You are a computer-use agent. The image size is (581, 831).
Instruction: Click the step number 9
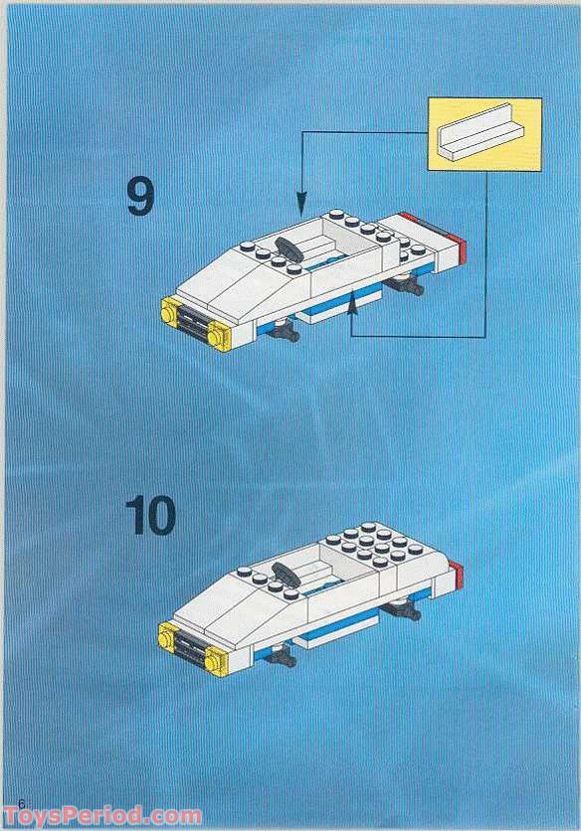pyautogui.click(x=140, y=197)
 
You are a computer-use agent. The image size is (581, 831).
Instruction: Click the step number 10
pyautogui.click(x=150, y=515)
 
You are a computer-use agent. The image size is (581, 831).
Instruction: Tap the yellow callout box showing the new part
pyautogui.click(x=484, y=134)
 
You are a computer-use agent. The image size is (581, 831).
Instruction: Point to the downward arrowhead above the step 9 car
pyautogui.click(x=301, y=203)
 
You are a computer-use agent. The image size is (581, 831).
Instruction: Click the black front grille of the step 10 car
pyautogui.click(x=191, y=647)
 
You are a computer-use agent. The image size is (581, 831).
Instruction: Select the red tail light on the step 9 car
pyautogui.click(x=458, y=249)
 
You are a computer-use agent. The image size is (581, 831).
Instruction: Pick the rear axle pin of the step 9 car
pyautogui.click(x=406, y=286)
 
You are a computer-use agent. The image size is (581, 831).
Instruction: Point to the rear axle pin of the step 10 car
pyautogui.click(x=404, y=611)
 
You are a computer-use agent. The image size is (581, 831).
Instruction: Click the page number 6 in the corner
pyautogui.click(x=21, y=803)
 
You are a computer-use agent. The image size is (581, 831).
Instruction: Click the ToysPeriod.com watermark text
pyautogui.click(x=101, y=817)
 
